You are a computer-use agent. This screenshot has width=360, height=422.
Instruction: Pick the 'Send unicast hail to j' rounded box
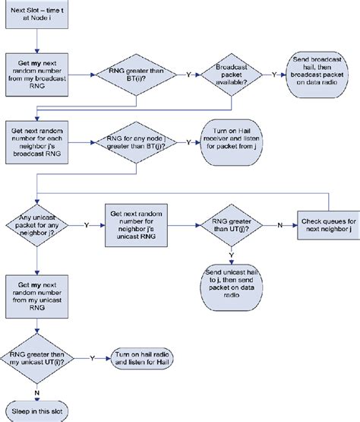tap(232, 282)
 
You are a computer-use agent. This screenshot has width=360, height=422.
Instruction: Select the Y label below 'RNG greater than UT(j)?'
tap(232, 255)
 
